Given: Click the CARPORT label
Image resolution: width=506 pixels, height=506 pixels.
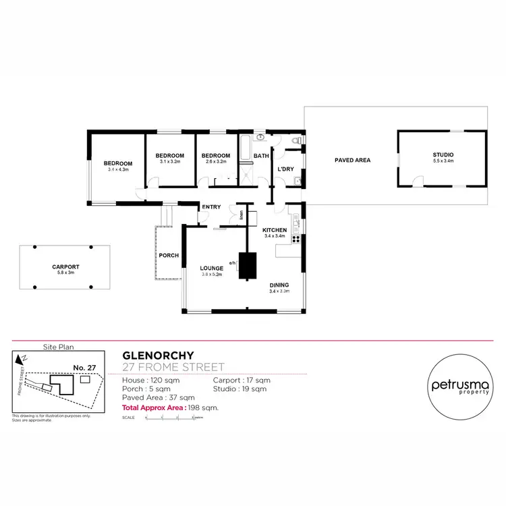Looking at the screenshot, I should tap(65, 266).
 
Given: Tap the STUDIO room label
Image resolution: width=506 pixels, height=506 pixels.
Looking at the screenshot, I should tap(443, 154).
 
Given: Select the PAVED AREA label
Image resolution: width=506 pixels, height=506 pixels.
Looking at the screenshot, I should tap(353, 160).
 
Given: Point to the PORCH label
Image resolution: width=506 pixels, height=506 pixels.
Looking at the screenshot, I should tap(169, 255).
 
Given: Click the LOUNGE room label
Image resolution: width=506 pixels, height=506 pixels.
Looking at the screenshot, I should tap(211, 268).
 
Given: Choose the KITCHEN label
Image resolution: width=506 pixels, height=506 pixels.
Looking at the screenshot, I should tap(275, 230).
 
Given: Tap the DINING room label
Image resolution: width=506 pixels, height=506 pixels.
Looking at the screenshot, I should tap(279, 285).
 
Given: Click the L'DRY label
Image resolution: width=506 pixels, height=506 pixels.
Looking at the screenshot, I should tap(285, 169).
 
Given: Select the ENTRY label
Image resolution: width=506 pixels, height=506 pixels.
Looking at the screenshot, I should tap(211, 206).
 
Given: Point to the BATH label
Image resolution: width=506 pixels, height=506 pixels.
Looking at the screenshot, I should tap(261, 156).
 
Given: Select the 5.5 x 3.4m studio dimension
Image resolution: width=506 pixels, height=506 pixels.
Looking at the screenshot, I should tap(443, 161).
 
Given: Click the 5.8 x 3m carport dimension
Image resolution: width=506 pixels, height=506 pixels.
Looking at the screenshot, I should tap(65, 273).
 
